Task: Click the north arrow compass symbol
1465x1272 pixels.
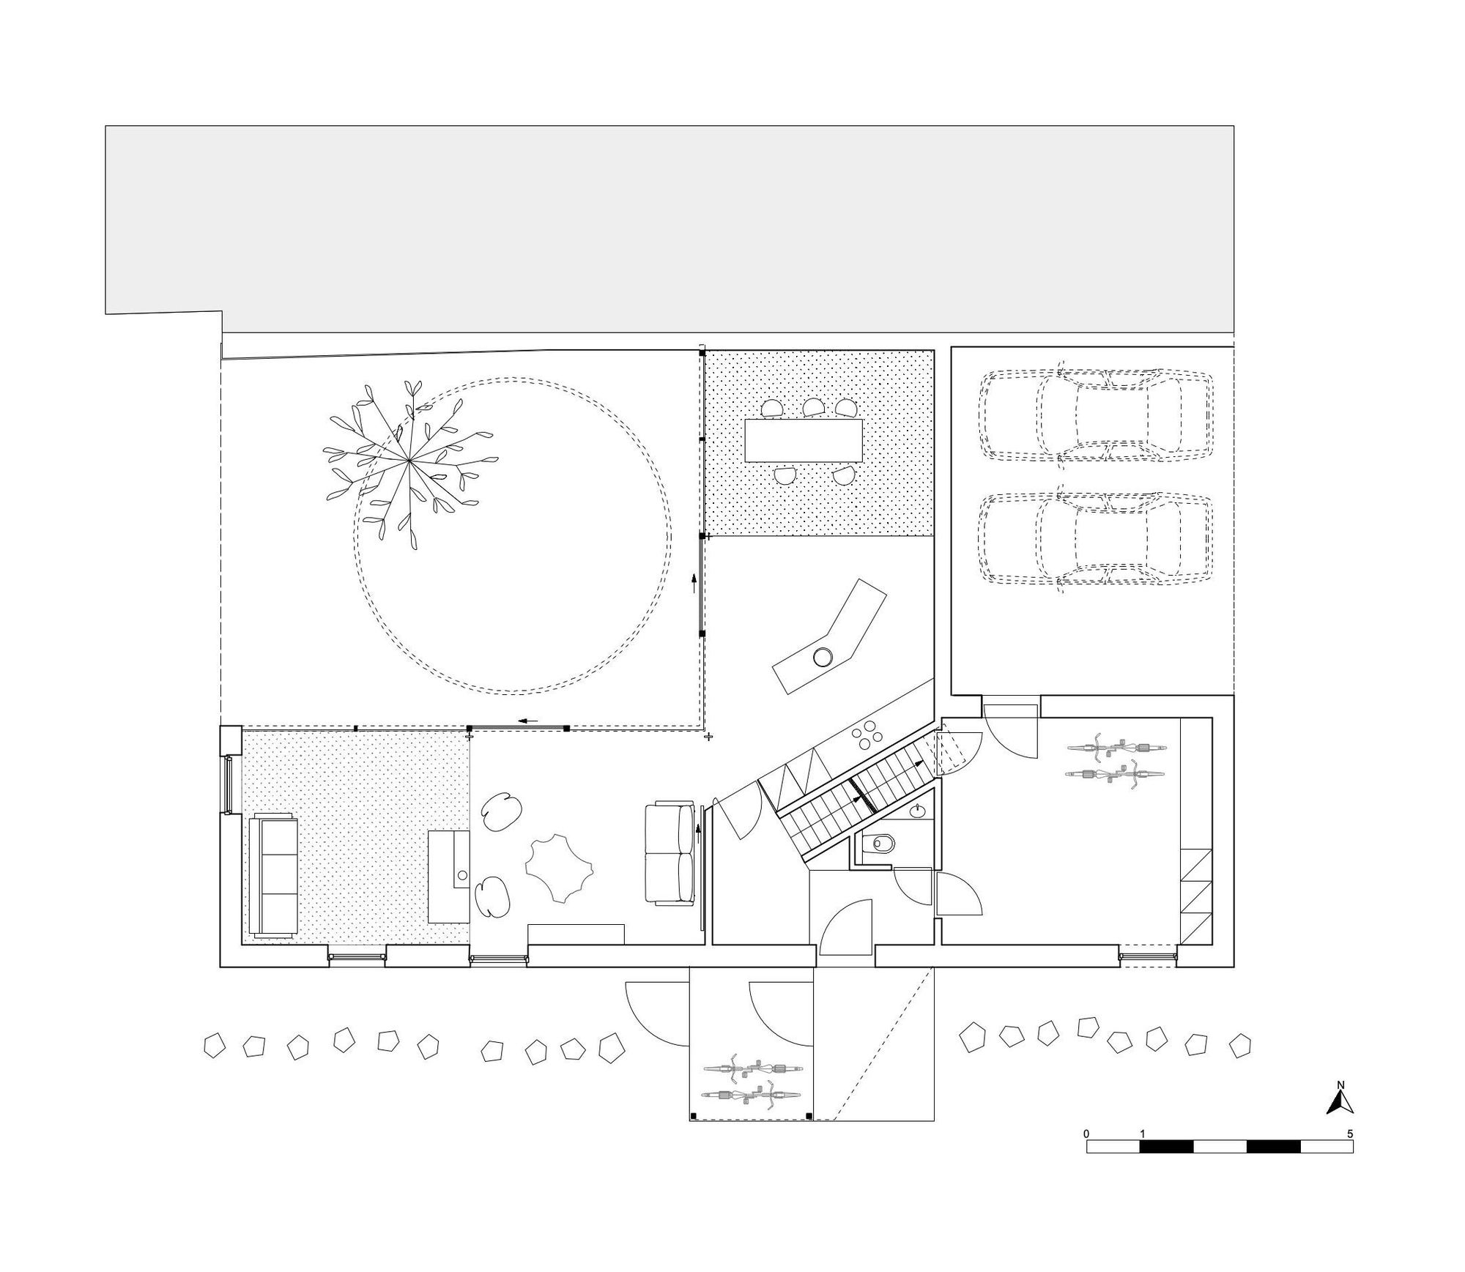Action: [1340, 1102]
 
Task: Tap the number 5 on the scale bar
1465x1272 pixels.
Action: [1350, 1134]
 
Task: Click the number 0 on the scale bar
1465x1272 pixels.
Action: [1086, 1134]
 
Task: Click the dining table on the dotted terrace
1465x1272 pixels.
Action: [802, 439]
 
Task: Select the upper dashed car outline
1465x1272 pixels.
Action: [1097, 415]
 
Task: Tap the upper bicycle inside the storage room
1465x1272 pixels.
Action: [1116, 748]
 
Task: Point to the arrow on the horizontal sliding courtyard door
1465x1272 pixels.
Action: [528, 721]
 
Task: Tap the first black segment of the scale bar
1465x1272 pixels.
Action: [1166, 1147]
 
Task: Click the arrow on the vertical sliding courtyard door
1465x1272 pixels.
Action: [694, 584]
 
